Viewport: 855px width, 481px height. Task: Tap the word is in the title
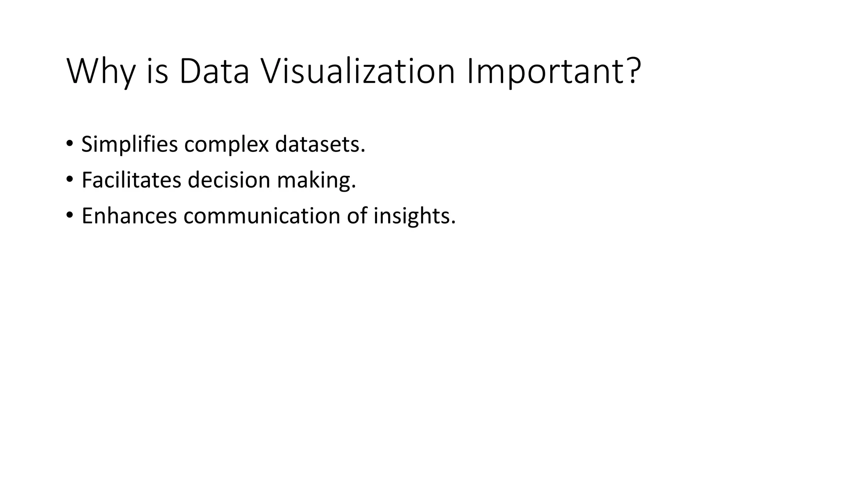157,71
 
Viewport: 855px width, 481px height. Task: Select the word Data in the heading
214,71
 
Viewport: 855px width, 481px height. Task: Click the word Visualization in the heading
357,71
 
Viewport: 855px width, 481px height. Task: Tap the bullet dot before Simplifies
69,144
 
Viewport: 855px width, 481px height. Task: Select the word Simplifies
130,144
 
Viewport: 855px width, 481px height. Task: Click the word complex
227,144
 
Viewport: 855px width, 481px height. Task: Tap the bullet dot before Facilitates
69,180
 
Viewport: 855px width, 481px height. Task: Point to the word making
314,181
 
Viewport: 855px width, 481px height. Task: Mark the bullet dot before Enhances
69,216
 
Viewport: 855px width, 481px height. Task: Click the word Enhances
129,216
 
